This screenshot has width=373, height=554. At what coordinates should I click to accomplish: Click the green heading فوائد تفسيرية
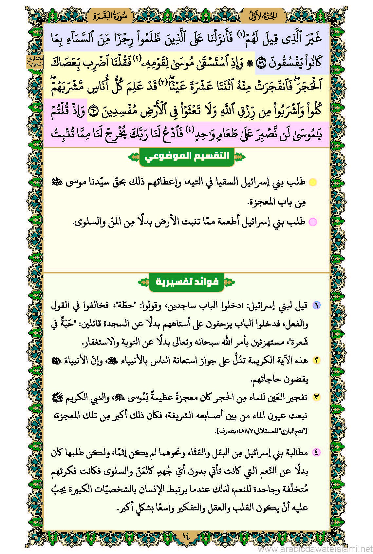point(187,282)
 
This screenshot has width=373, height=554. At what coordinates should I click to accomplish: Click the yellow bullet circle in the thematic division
point(313,183)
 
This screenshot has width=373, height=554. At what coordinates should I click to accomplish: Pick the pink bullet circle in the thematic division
point(313,222)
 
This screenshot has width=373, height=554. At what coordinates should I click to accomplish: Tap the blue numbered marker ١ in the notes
point(316,306)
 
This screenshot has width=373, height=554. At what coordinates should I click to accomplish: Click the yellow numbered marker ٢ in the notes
point(316,360)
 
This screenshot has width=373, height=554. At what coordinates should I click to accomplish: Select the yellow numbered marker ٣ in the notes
point(316,397)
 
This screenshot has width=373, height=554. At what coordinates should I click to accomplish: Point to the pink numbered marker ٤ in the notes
point(316,452)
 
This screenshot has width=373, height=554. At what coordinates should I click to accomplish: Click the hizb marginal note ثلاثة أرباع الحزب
point(34,62)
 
